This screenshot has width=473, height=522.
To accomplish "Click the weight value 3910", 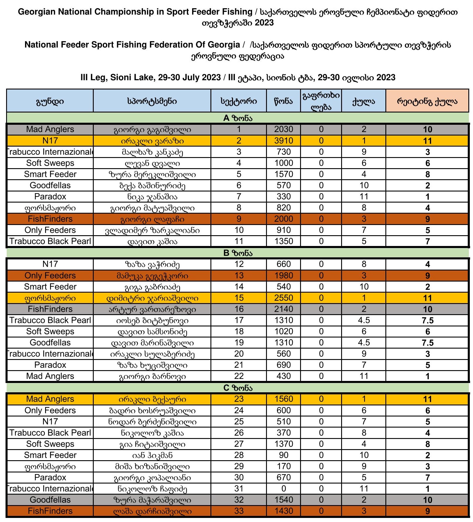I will pos(284,141).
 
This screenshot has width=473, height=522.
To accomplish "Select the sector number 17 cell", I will pos(239,320).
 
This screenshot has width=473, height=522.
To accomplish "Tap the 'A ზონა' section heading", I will pos(238,118).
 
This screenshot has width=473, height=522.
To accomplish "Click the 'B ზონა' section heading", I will pos(238,253).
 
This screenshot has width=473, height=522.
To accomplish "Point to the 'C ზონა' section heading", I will pos(238,388).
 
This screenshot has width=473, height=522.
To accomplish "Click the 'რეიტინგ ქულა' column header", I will pos(427,101).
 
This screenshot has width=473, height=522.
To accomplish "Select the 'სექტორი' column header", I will pos(239,101).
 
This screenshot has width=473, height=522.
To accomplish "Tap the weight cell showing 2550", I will pos(284,298).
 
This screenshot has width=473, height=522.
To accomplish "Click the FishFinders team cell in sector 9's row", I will pos(50,219).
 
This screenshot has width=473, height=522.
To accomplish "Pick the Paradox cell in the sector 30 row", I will pos(50,477).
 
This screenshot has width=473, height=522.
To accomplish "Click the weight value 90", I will pos(284,455).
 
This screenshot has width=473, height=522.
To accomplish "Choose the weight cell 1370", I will pos(284,444).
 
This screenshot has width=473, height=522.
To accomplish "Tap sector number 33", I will pos(239,511).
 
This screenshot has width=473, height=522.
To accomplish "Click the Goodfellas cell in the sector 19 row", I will pos(50,342).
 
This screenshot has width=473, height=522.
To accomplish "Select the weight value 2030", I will pos(284,129).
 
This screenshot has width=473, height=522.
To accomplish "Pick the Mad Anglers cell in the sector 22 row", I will pos(50,376).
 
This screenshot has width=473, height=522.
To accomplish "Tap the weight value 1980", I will pos(284,275).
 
